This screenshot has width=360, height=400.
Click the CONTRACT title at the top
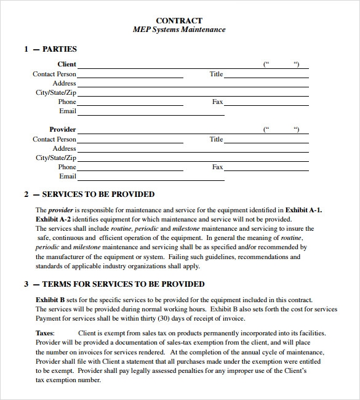179,20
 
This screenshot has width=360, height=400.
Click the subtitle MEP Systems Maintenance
179,30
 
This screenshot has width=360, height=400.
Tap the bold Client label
67,64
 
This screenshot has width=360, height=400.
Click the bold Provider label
63,129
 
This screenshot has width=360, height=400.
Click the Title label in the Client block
216,74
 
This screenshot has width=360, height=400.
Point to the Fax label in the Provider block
217,167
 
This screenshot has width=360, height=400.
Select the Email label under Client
68,111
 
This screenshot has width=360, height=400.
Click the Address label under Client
65,83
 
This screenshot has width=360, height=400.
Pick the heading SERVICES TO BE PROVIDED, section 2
98,194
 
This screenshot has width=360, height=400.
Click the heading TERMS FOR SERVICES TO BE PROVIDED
123,284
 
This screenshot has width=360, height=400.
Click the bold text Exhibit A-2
53,219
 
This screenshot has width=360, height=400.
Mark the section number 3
26,284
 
